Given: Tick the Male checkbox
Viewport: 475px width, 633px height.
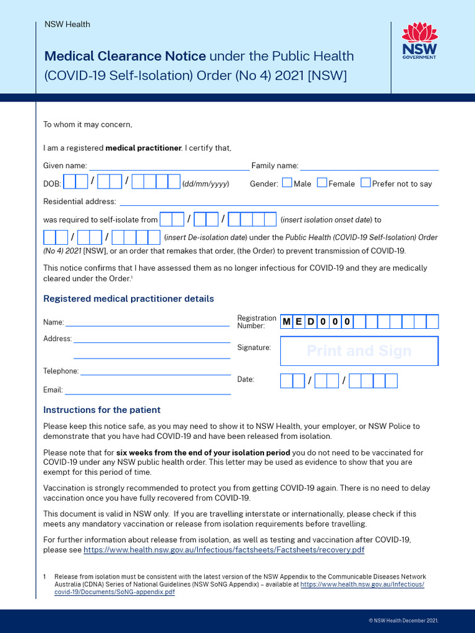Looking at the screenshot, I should (287, 182).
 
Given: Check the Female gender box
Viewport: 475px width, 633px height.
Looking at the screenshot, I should (322, 182).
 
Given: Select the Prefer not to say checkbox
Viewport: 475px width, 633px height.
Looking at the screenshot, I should (366, 182).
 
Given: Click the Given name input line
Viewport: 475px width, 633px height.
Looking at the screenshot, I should (169, 166).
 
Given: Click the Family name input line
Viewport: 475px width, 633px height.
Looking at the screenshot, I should (369, 166).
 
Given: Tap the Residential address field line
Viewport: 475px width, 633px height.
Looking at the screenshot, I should (279, 202).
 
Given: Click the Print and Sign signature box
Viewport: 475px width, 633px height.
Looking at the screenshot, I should (359, 351).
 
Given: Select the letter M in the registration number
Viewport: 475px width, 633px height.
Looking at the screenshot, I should (286, 321).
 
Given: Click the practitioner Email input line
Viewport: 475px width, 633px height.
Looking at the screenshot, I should (148, 390).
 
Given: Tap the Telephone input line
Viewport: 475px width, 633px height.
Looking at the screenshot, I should (155, 371).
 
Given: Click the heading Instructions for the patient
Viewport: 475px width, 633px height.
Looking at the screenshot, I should (101, 410).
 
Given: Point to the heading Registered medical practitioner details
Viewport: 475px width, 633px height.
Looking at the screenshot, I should (129, 299).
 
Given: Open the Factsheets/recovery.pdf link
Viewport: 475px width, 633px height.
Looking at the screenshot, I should (223, 550).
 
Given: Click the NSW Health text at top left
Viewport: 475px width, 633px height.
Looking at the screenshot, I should (67, 24).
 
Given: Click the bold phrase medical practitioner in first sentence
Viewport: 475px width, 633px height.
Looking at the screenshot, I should (143, 148).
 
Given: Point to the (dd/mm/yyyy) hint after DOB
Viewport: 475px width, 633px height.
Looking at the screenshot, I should (205, 184).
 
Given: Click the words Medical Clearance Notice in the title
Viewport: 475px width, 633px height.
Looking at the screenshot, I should (125, 56).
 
